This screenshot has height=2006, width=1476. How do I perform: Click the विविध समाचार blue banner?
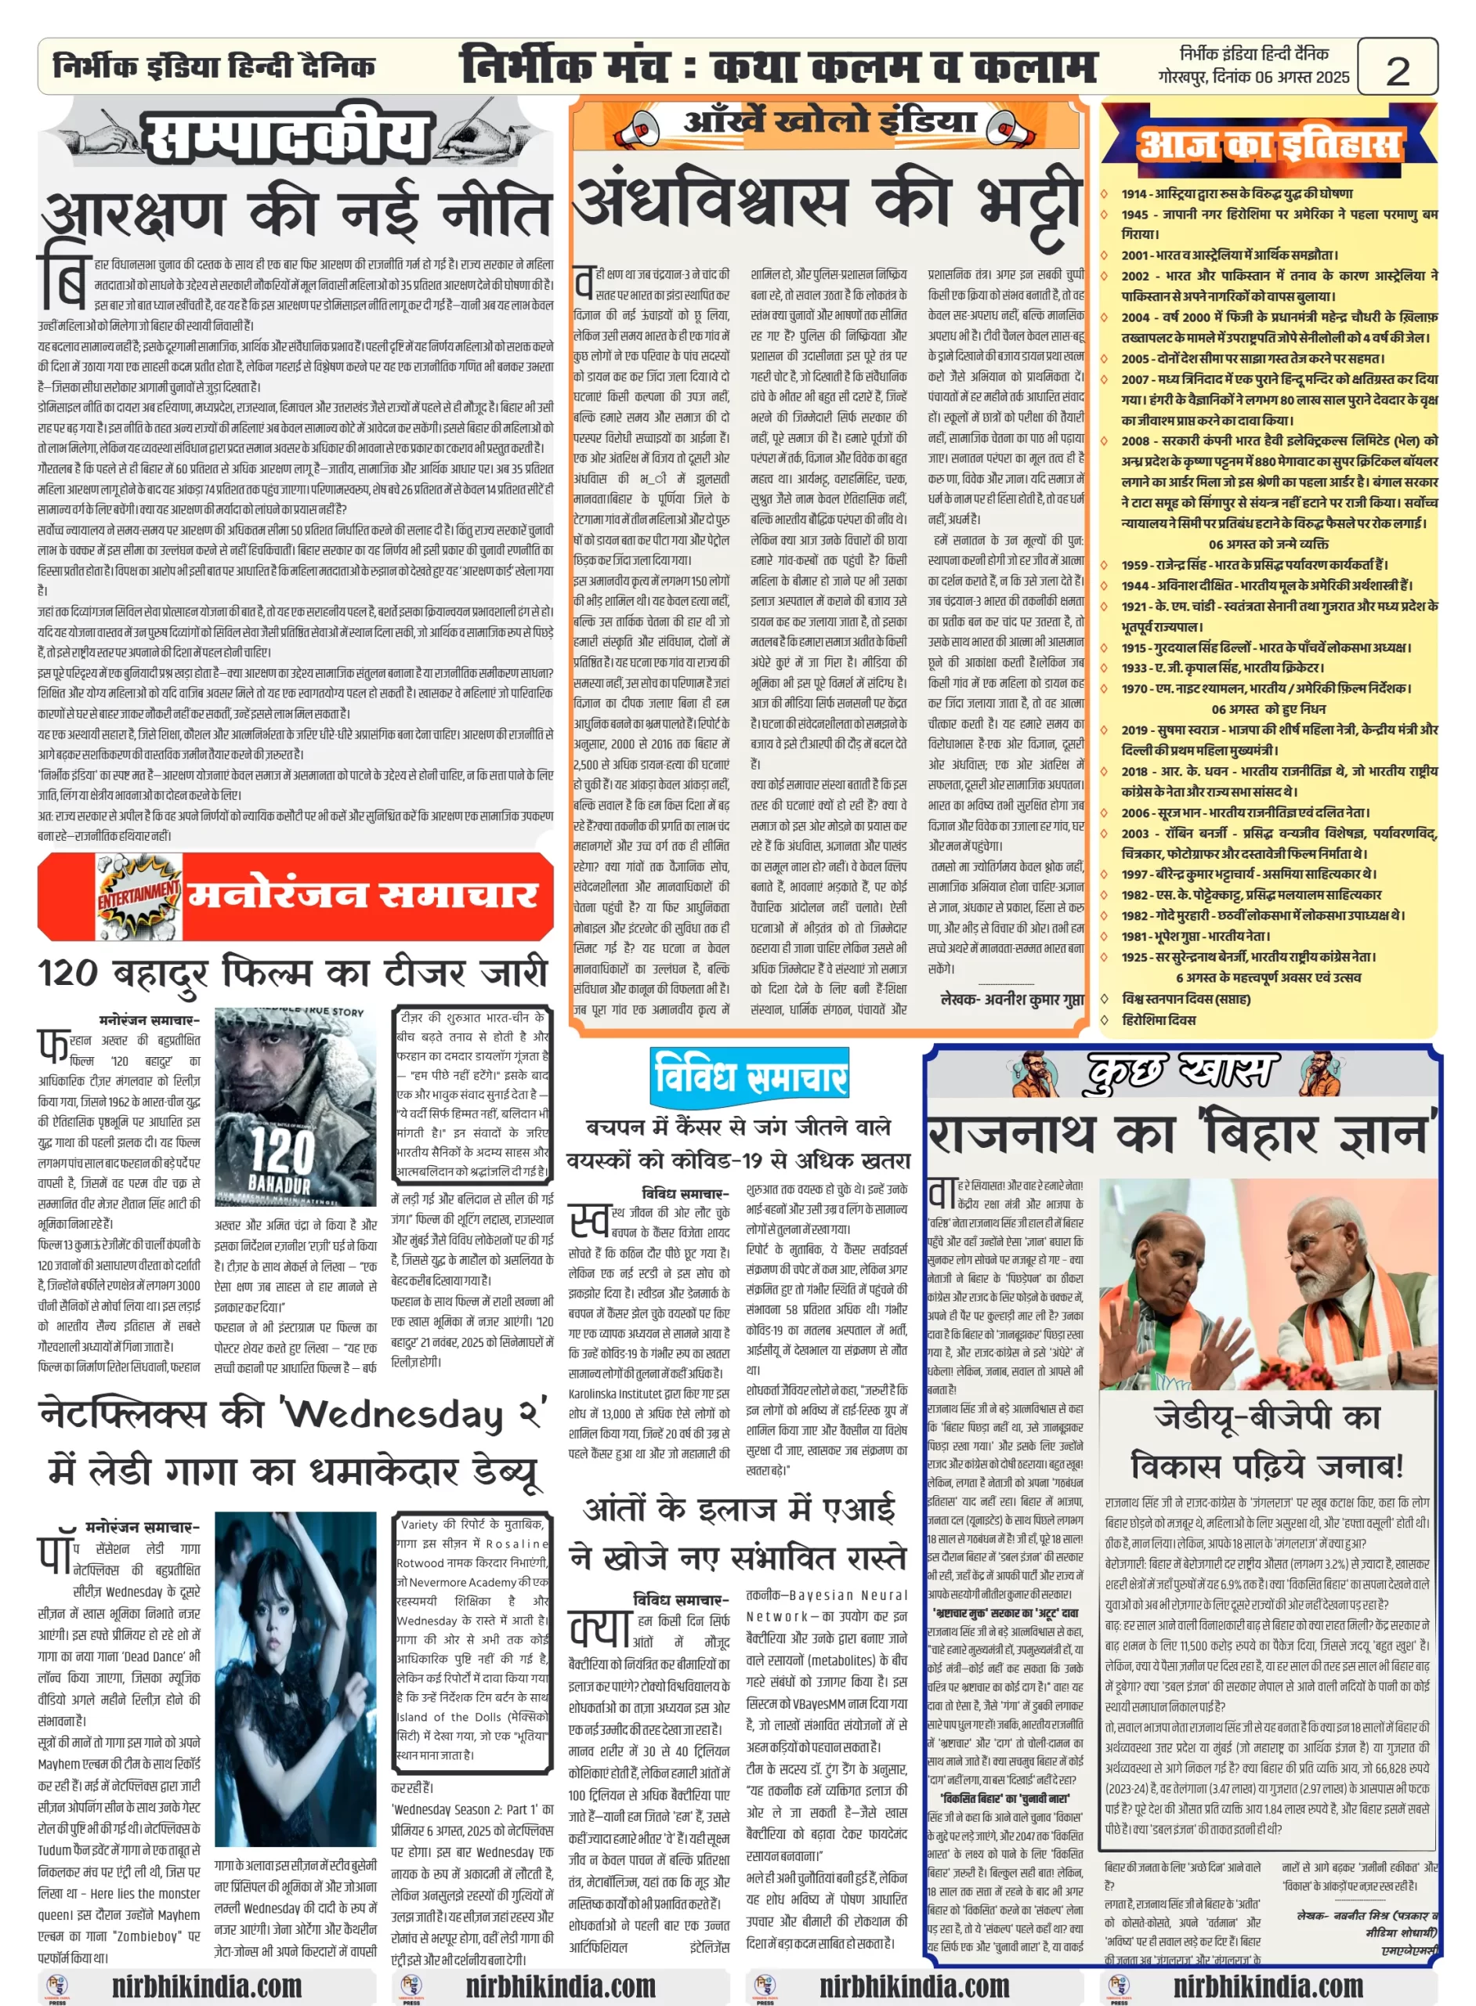[x=750, y=1076]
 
